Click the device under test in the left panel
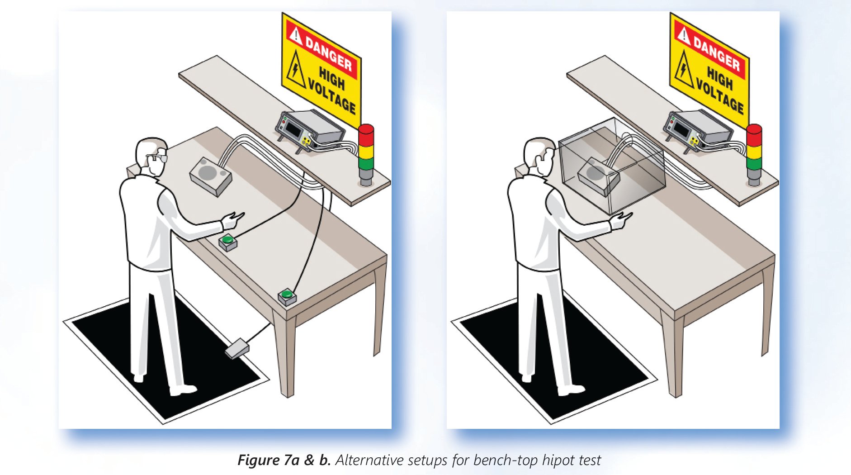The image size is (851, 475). (211, 176)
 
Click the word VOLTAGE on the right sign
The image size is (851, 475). (720, 96)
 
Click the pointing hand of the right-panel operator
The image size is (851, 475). (620, 219)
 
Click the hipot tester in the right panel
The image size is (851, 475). (698, 129)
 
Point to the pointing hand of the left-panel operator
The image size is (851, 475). (232, 220)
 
